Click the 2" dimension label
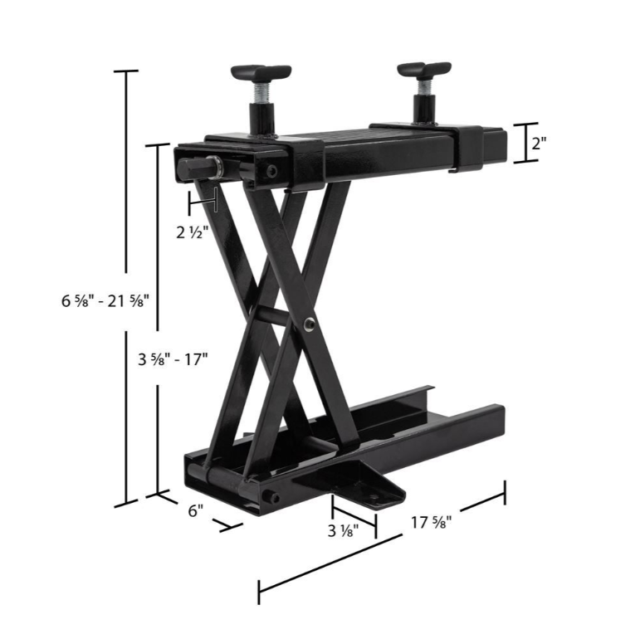(539, 143)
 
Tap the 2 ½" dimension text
(193, 232)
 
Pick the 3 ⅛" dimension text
(343, 534)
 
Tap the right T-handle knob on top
(423, 69)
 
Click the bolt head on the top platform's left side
(272, 171)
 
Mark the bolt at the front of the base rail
(271, 499)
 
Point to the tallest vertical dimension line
(127, 286)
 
